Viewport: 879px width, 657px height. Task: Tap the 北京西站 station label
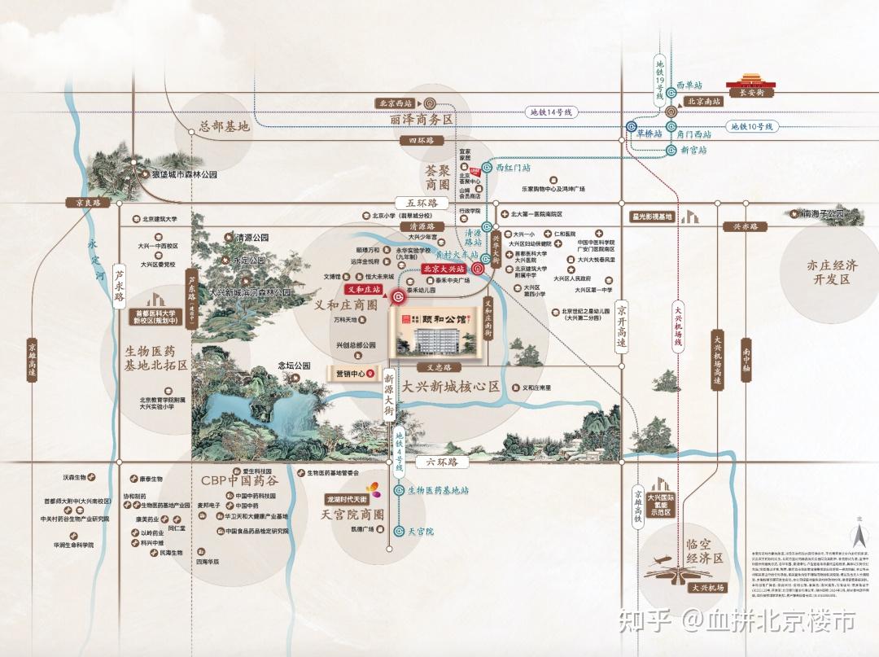pyautogui.click(x=395, y=103)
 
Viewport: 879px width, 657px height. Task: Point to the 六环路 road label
pyautogui.click(x=443, y=462)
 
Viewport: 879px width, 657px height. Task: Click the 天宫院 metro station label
pyautogui.click(x=422, y=532)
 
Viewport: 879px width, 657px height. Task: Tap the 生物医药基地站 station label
pyautogui.click(x=438, y=490)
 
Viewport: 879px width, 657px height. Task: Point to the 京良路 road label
pyautogui.click(x=82, y=203)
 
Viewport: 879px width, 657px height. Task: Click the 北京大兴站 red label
pyautogui.click(x=444, y=268)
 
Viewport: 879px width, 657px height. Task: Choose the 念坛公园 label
pyautogui.click(x=295, y=366)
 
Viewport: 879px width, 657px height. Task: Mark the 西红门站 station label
pyautogui.click(x=514, y=167)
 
